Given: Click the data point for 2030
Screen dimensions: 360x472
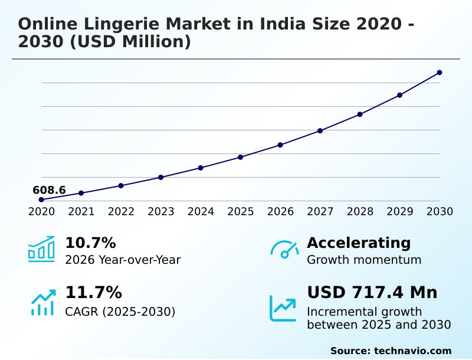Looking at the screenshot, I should tap(440, 73).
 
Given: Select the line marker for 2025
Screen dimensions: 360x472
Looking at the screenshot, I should tap(241, 157).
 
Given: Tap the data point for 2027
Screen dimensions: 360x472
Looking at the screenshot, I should tap(320, 130).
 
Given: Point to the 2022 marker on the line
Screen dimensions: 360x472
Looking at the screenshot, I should tap(121, 185).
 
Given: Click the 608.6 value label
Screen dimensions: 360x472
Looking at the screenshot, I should tap(49, 190).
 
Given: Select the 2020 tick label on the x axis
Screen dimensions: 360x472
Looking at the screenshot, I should tap(41, 211).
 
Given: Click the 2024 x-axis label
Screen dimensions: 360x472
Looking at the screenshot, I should tap(201, 211).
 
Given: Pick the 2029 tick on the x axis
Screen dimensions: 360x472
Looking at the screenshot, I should tap(400, 211).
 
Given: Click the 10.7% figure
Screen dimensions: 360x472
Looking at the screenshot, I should tap(90, 243).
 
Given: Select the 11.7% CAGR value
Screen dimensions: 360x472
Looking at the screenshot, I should tap(93, 292).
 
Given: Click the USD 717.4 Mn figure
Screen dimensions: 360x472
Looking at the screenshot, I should tap(372, 292).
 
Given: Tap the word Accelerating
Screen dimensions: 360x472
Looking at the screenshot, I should tap(359, 243).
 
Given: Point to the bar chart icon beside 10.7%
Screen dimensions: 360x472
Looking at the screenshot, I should tap(41, 250).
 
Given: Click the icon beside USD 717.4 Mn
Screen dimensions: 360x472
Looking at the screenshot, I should tap(283, 308).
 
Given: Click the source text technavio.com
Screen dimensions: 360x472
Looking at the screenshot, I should tap(412, 351).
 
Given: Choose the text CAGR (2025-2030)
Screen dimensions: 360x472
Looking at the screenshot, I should tap(120, 311).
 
